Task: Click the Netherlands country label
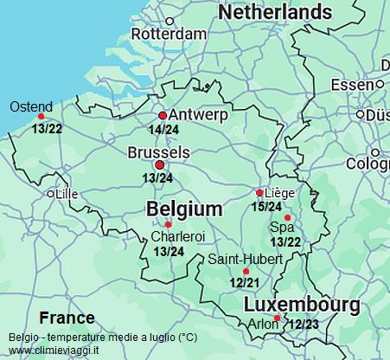(x=275, y=12)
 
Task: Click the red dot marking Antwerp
(x=163, y=115)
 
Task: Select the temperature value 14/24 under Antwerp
(x=164, y=130)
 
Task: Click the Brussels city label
(x=158, y=151)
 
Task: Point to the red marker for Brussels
(x=158, y=164)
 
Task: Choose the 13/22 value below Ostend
(x=46, y=128)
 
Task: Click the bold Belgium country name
(x=184, y=209)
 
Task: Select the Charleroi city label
(x=177, y=236)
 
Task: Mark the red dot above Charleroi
(x=169, y=225)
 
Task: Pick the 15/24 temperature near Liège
(x=266, y=207)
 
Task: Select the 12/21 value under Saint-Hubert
(x=245, y=282)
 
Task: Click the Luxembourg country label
(x=302, y=305)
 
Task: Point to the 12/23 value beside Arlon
(x=304, y=325)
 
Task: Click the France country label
(x=67, y=317)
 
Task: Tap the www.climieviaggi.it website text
(x=53, y=350)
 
